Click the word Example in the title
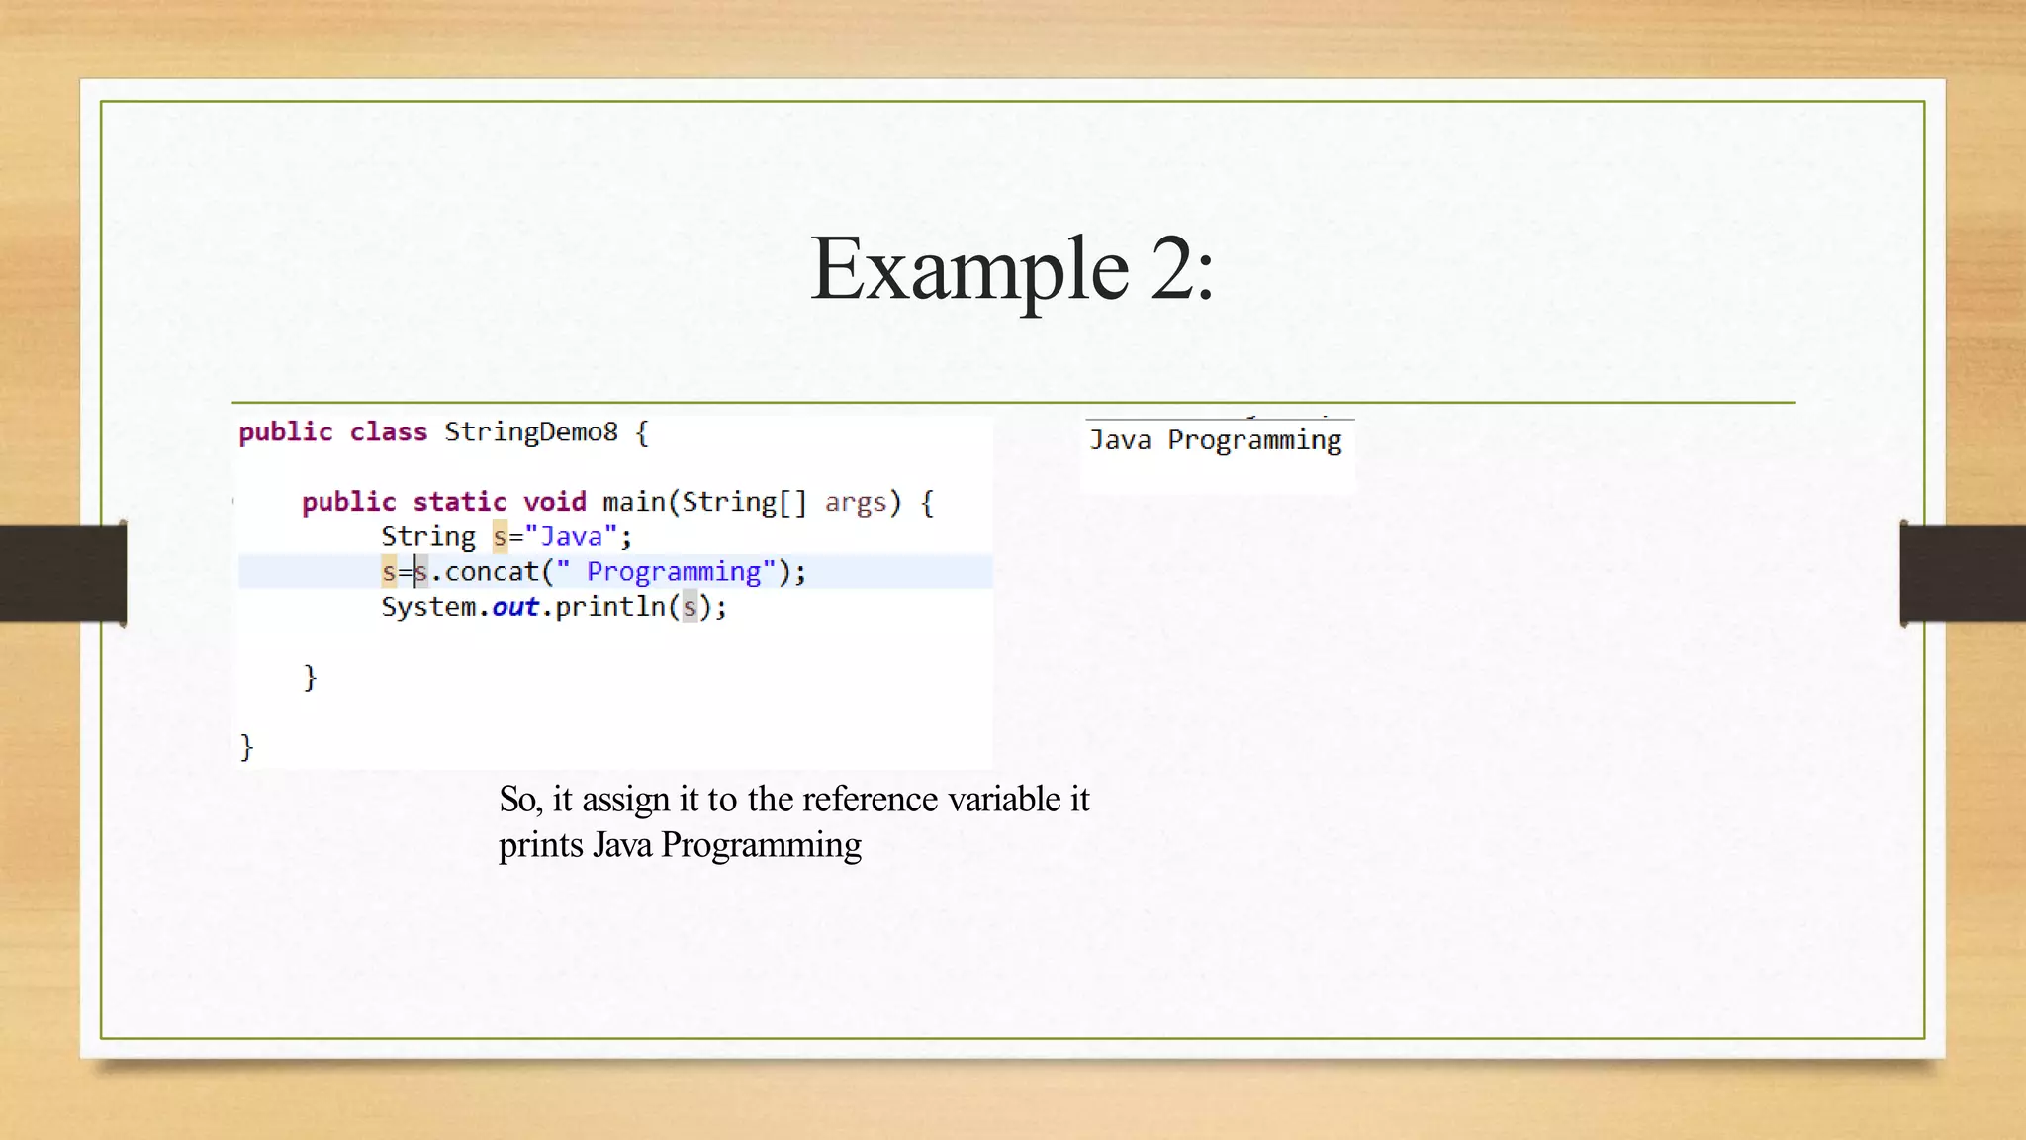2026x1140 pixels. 968,268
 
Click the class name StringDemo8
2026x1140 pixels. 530,432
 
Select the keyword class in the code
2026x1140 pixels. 388,432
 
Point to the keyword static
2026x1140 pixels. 459,502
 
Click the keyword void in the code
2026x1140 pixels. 554,502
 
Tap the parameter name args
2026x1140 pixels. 856,503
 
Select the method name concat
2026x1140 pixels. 492,572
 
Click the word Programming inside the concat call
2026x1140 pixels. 674,572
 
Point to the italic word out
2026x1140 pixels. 515,607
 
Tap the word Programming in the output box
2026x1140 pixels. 1254,440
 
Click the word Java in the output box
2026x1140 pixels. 1120,440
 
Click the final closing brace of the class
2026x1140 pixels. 246,747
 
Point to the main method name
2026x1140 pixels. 633,502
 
